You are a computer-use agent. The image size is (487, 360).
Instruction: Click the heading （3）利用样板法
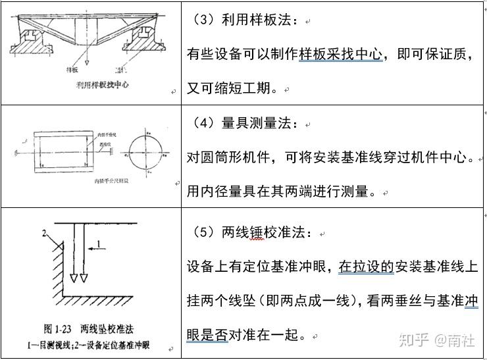coord(245,21)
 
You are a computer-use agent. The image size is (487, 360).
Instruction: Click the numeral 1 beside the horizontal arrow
coord(99,244)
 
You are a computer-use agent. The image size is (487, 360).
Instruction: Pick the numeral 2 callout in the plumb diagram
coord(45,232)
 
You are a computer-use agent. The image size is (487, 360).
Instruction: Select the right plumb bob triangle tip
coord(84,278)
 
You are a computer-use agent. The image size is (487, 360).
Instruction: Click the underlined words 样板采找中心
coord(341,55)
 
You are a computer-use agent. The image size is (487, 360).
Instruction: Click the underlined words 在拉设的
coord(366,267)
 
